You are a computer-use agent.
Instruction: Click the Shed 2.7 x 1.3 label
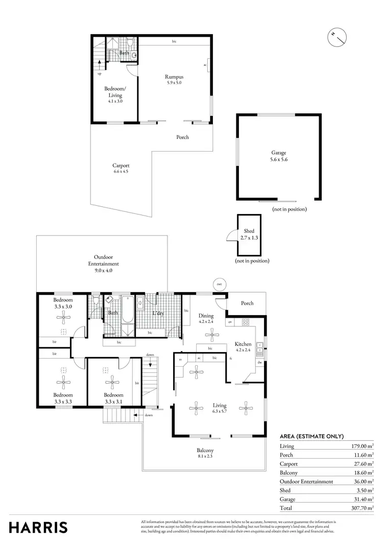pos(249,234)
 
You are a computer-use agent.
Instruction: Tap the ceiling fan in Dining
pos(210,335)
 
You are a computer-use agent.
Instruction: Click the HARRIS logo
pos(38,527)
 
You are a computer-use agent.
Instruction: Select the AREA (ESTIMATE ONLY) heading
pos(312,436)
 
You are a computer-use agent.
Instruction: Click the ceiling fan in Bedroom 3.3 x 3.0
pos(63,318)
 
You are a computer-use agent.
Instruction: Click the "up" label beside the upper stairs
pos(99,74)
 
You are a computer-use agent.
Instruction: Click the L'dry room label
pos(158,314)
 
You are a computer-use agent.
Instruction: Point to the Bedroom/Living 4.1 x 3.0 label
pos(115,95)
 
